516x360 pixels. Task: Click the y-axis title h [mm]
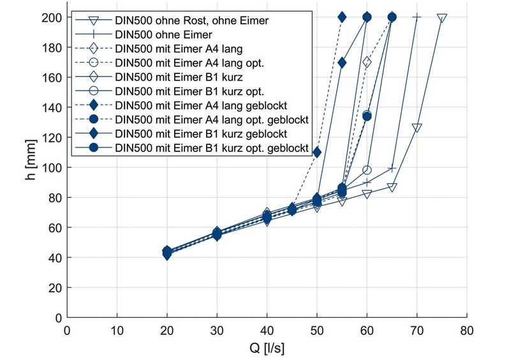[x=31, y=167]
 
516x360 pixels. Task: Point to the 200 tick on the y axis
[x=54, y=18]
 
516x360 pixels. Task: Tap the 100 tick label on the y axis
[x=54, y=168]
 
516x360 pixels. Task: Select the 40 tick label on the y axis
[x=57, y=258]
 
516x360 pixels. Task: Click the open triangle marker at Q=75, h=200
[x=441, y=18]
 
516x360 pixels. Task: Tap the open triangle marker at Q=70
[x=416, y=128]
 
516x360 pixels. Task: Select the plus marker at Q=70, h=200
[x=416, y=18]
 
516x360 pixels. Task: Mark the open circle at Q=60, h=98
[x=367, y=170]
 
